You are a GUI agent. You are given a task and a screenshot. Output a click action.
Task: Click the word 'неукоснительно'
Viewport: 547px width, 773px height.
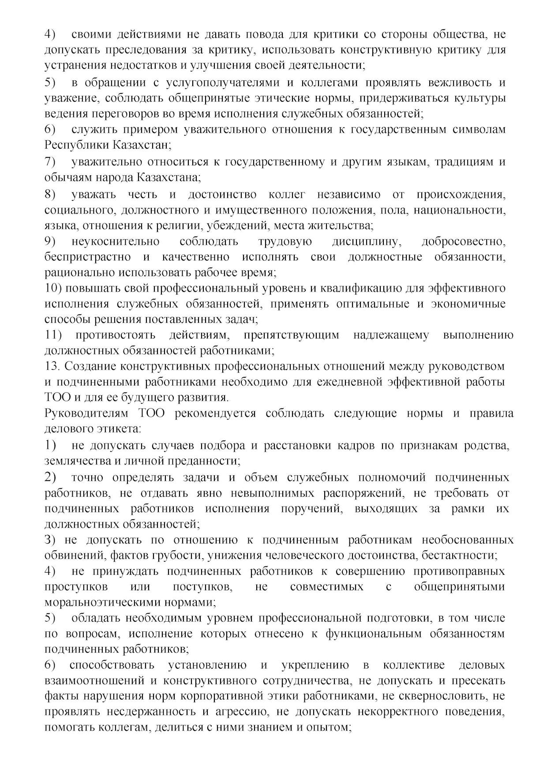[x=115, y=242]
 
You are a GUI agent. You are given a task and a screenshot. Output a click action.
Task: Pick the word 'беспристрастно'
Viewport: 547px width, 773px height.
[x=87, y=257]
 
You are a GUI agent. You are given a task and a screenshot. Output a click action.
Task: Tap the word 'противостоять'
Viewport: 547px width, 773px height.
[x=115, y=335]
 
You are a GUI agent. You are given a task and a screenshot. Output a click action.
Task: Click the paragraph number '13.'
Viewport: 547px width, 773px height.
[x=52, y=367]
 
